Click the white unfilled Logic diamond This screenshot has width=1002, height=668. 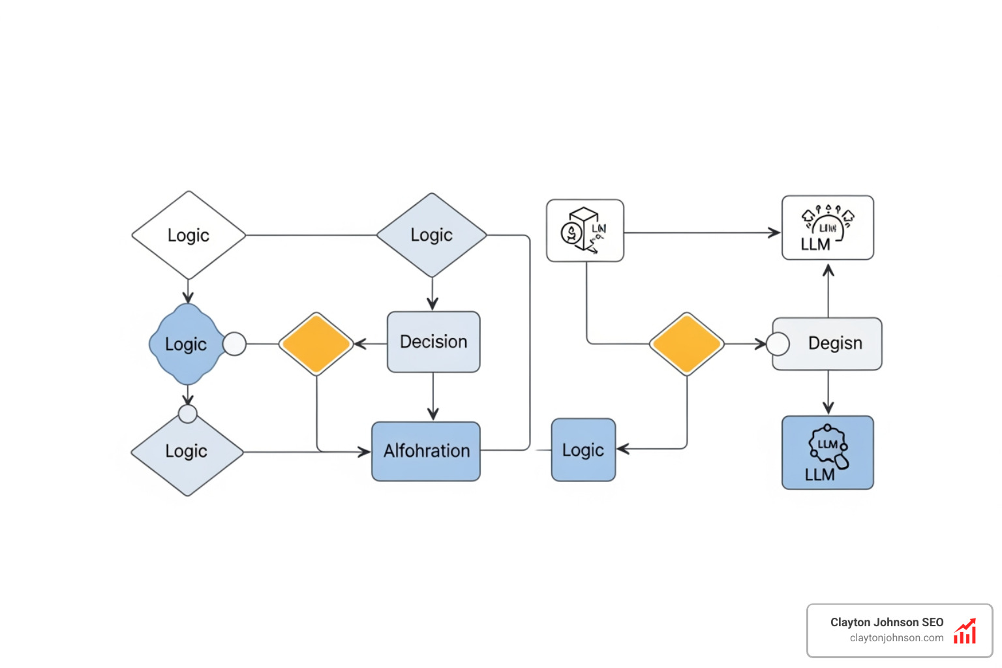189,235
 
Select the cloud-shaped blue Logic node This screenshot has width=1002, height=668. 186,344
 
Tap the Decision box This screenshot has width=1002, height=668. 433,342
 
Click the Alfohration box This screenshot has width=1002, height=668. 426,451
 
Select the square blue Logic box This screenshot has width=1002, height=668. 583,450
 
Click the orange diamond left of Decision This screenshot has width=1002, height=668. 316,344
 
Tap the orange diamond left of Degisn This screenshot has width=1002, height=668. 686,344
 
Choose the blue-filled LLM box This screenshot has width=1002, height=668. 827,453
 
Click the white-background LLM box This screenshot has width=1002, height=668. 827,228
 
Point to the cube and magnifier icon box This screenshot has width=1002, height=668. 584,231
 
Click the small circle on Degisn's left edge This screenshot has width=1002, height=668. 778,344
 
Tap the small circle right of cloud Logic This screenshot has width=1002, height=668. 235,344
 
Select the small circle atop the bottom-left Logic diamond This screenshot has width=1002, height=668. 188,414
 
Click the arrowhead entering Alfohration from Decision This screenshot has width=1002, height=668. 433,414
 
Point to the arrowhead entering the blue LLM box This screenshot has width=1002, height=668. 828,408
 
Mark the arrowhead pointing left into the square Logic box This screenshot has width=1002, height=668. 622,449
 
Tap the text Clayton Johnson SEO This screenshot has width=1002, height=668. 887,622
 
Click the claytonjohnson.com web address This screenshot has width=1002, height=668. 896,638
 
